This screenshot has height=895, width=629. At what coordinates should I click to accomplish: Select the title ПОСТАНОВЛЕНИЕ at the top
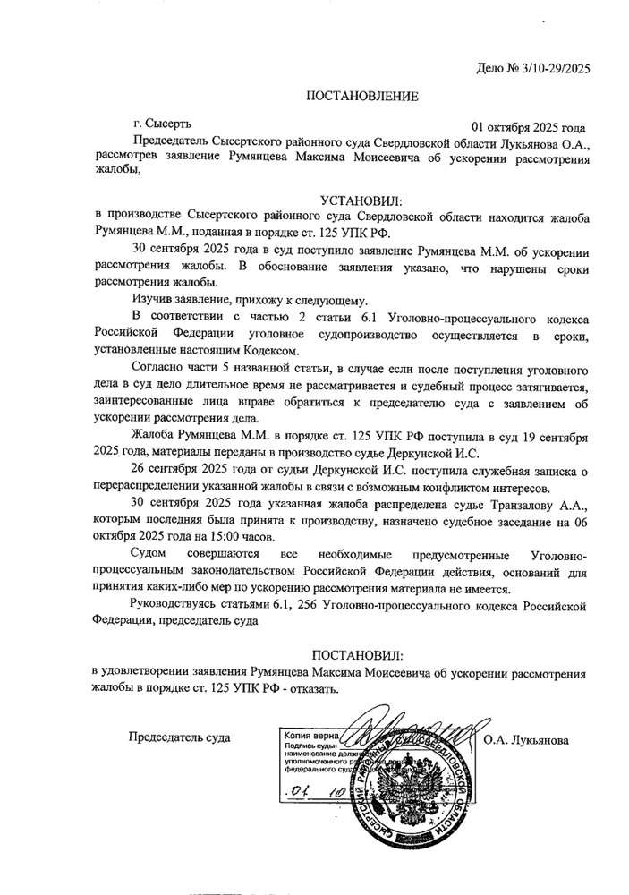coord(362,96)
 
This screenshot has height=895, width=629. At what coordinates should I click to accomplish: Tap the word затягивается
coord(545,386)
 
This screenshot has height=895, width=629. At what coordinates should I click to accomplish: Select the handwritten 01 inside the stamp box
coord(294,792)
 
